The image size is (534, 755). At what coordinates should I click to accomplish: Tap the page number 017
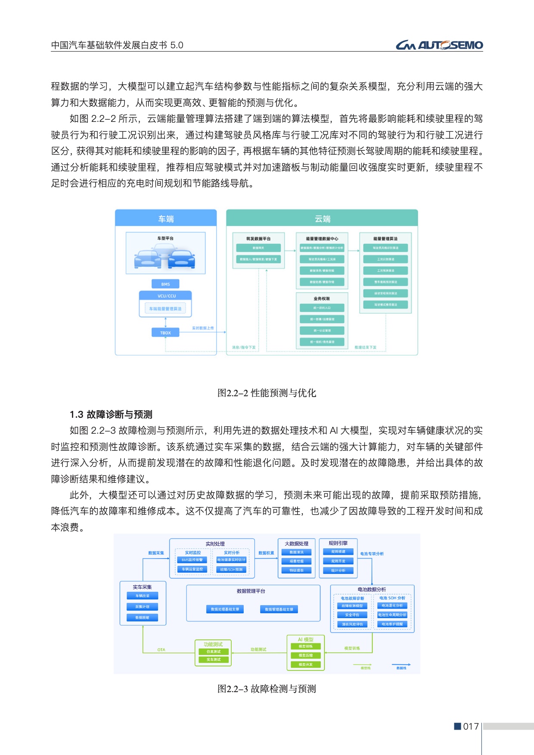(x=471, y=727)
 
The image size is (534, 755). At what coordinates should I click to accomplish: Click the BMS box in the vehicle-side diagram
(x=165, y=284)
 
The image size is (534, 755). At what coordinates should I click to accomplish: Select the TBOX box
(x=165, y=332)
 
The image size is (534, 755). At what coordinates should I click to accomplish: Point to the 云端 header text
(x=322, y=219)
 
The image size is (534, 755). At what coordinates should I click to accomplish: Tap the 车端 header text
(x=166, y=219)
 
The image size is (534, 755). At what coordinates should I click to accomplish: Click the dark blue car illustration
(x=181, y=259)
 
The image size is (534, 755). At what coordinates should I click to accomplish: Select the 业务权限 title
(x=322, y=298)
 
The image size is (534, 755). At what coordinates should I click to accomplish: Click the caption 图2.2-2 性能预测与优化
(x=267, y=393)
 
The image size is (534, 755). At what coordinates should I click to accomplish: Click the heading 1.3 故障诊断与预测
(x=111, y=414)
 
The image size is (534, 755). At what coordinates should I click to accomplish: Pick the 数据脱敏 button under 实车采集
(x=143, y=618)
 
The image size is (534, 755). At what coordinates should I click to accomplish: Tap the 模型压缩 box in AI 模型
(x=306, y=656)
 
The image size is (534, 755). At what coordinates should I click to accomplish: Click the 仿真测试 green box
(x=214, y=652)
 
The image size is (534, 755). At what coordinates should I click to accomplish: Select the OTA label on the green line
(x=161, y=649)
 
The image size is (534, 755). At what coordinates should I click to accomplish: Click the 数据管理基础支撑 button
(x=279, y=609)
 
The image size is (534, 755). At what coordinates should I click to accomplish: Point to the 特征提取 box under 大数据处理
(x=297, y=570)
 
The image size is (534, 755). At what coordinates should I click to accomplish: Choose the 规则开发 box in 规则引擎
(x=338, y=561)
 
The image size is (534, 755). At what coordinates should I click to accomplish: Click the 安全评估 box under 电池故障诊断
(x=352, y=615)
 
